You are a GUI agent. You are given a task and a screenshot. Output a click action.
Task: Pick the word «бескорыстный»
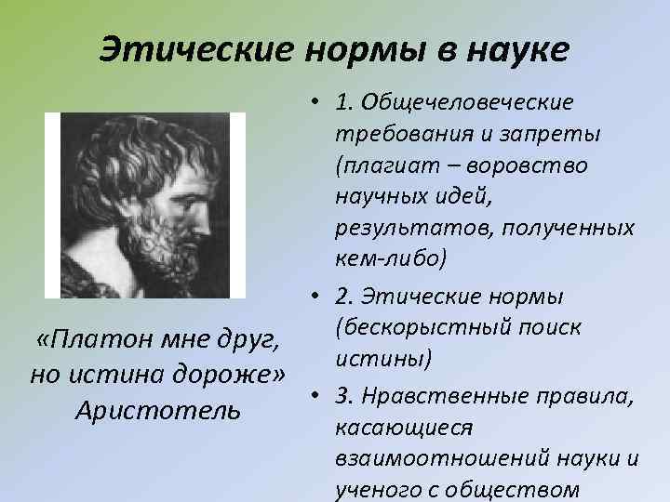pos(434,326)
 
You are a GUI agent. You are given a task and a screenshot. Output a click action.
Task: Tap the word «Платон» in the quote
pos(87,340)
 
